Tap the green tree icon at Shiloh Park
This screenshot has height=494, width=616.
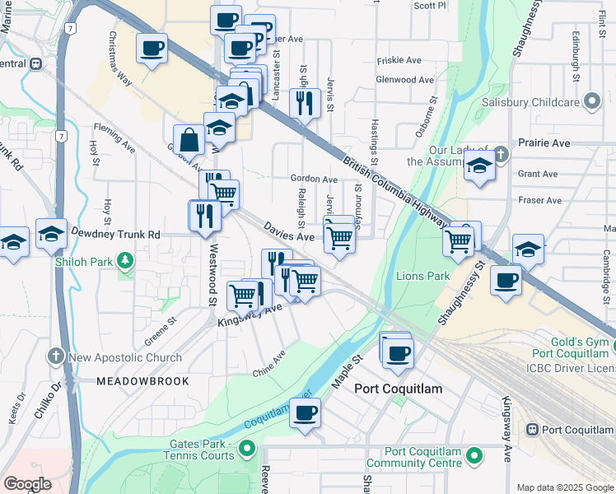[125, 262]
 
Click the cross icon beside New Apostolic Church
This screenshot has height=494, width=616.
[56, 357]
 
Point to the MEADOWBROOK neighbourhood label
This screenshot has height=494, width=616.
[142, 382]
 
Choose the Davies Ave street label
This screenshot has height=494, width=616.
[289, 231]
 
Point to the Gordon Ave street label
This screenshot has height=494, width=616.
[314, 179]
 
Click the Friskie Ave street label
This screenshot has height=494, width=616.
[399, 61]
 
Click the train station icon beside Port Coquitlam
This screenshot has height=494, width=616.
[532, 430]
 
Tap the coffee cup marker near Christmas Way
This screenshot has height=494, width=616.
[152, 50]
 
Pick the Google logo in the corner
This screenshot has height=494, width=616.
[27, 485]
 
